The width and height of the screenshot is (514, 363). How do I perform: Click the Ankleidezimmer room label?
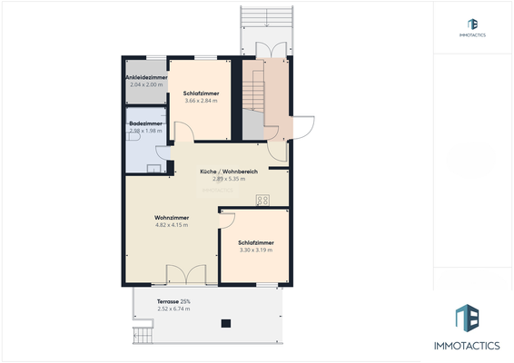tap(144, 77)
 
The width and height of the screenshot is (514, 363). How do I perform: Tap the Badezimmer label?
tap(145, 123)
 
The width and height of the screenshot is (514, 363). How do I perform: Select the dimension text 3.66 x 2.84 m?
tap(200, 101)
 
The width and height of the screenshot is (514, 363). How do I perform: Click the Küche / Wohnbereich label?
tap(230, 172)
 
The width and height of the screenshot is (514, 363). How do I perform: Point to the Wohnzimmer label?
tap(171, 218)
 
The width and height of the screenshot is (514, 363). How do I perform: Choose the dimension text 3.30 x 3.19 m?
tap(256, 250)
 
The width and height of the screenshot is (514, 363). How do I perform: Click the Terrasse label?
tap(168, 301)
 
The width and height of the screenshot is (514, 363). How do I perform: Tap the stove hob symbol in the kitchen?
tap(262, 201)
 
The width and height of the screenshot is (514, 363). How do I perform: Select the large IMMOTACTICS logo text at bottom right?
tap(472, 346)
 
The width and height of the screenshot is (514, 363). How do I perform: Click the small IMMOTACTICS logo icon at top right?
tap(472, 25)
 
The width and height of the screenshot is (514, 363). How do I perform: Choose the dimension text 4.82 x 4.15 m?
tap(171, 225)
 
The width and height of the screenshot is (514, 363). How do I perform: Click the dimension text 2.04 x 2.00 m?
tap(144, 83)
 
